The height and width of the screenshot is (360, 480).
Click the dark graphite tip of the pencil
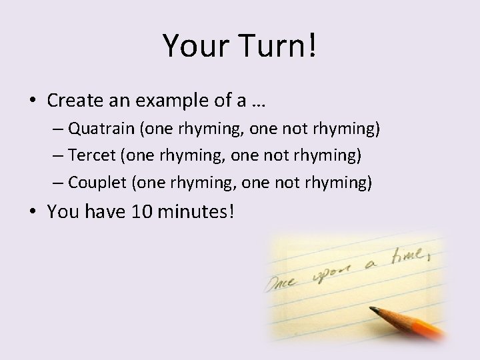(x=375, y=309)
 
